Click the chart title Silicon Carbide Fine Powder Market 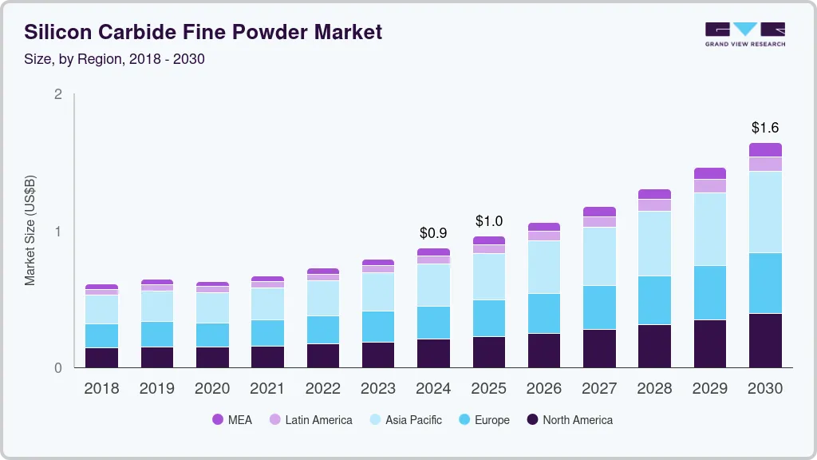203,32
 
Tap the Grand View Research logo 744,34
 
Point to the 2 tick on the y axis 57,94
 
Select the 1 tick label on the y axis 57,232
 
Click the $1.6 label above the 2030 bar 765,128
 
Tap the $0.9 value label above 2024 433,233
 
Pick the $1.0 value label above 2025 488,220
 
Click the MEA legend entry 232,419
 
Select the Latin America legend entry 310,419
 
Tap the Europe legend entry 483,419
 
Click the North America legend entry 569,419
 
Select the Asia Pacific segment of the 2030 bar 765,212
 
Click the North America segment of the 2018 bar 101,358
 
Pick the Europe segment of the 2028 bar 654,300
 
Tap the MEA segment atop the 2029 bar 709,173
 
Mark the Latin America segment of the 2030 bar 765,164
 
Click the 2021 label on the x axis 267,389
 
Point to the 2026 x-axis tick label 543,389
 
